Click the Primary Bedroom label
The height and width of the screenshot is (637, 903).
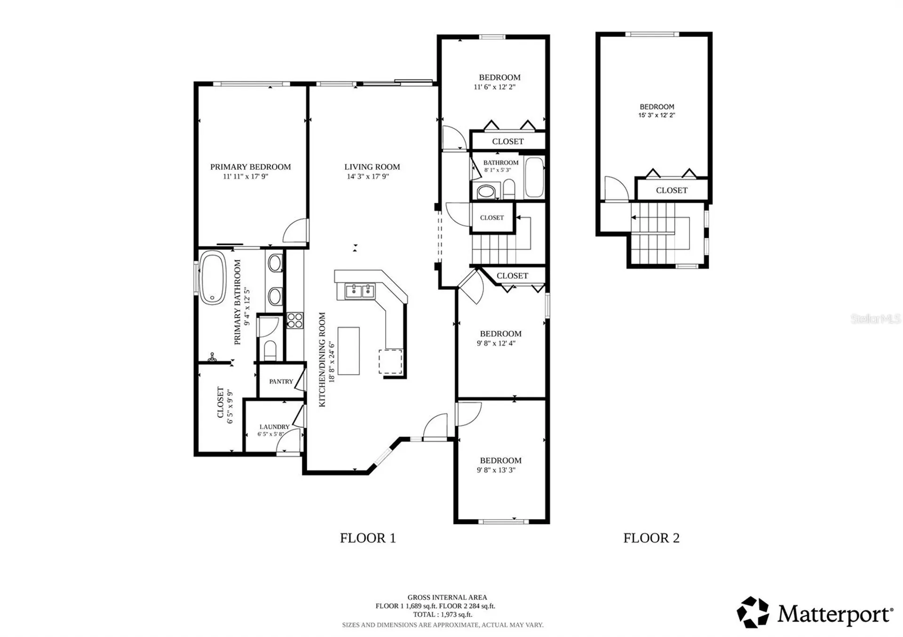tap(250, 167)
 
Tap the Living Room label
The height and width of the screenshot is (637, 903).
tap(372, 167)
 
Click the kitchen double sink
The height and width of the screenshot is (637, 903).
tap(360, 291)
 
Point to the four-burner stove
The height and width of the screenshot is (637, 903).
tap(295, 320)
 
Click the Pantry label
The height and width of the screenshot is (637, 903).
tap(281, 381)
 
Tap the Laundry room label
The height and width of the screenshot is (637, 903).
tap(275, 427)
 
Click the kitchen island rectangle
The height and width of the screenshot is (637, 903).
tap(349, 351)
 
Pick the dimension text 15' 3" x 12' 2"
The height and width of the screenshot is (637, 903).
tap(657, 115)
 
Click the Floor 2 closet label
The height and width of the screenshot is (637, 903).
tap(672, 190)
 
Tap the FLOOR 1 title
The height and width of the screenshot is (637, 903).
tap(368, 538)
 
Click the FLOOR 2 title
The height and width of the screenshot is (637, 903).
tap(651, 538)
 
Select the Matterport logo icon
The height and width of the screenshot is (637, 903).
tap(752, 612)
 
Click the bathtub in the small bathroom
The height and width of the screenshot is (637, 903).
tap(534, 177)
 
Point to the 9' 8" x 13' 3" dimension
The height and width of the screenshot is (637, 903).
tap(496, 470)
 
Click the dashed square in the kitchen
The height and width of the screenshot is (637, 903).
tap(390, 362)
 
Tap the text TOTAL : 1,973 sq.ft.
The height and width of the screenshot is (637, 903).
tap(443, 614)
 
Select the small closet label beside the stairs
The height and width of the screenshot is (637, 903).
tap(492, 218)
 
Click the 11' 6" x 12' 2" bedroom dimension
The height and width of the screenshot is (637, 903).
tap(495, 87)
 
